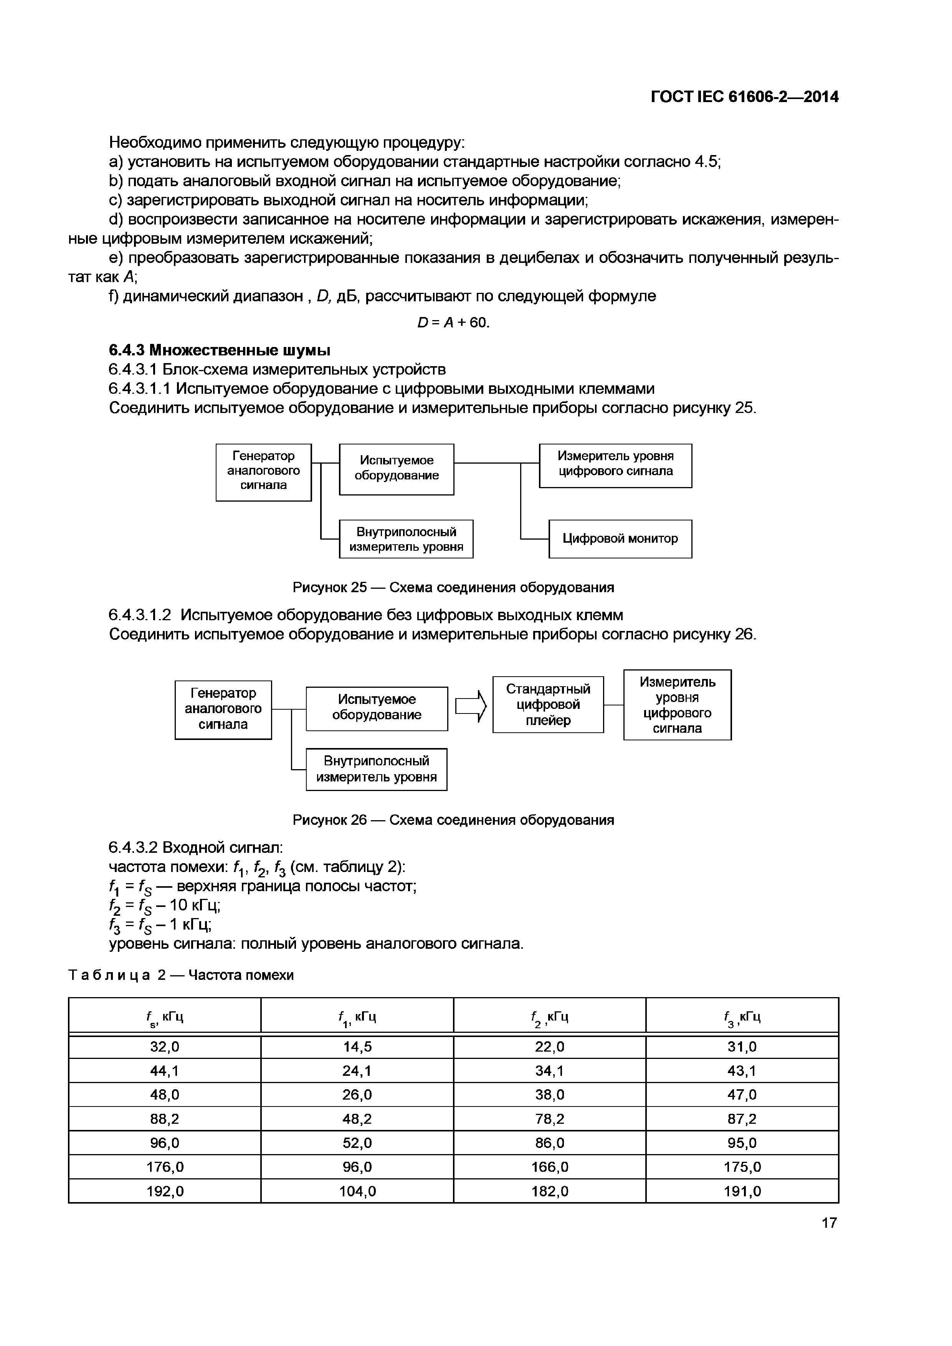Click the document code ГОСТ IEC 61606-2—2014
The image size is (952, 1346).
coord(744,97)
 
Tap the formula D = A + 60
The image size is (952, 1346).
coord(453,323)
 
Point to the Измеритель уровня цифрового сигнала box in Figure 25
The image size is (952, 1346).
coord(615,466)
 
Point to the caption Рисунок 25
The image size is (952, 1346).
coord(453,587)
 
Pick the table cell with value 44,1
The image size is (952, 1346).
coord(164,1071)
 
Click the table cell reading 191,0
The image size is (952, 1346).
coord(742,1191)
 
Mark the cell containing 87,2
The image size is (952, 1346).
coord(742,1119)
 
